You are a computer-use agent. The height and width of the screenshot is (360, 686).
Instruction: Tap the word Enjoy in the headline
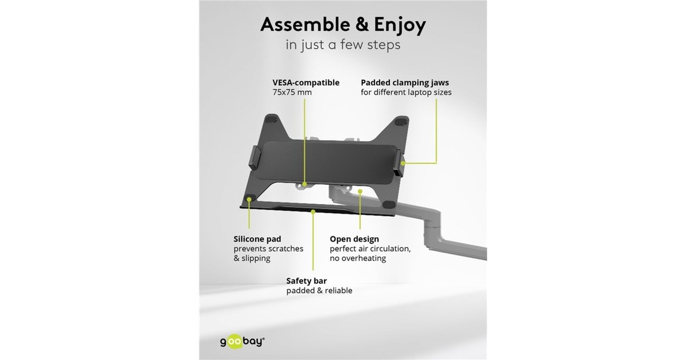click(x=400, y=25)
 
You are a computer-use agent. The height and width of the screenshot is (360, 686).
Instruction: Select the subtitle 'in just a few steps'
click(x=343, y=45)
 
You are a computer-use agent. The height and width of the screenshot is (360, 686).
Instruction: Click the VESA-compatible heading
click(x=306, y=83)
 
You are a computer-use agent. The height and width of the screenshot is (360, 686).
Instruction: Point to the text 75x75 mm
click(x=292, y=92)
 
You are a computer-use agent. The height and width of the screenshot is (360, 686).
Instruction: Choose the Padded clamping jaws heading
click(x=405, y=83)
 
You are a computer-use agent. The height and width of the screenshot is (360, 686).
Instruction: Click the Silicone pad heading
click(x=257, y=239)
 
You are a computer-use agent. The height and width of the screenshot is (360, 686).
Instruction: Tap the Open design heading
click(x=354, y=239)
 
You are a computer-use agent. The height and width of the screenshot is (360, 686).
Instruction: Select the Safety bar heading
click(x=306, y=281)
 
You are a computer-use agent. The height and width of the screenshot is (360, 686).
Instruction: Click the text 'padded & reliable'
click(x=319, y=290)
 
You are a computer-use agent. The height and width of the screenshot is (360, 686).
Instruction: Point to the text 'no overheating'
click(x=358, y=258)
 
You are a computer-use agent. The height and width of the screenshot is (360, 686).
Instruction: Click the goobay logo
click(x=242, y=341)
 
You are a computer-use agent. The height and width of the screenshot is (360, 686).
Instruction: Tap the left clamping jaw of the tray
click(x=255, y=157)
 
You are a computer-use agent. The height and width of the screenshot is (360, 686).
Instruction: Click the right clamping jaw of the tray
click(x=399, y=163)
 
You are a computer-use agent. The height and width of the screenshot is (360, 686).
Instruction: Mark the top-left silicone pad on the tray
click(x=270, y=119)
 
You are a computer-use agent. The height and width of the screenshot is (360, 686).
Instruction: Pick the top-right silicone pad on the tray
click(x=401, y=122)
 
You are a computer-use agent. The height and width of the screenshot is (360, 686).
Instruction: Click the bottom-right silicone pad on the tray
click(x=388, y=204)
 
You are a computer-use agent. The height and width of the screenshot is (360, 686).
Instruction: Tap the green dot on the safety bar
click(x=313, y=211)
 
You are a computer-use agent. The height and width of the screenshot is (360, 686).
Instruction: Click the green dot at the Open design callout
click(x=360, y=191)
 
